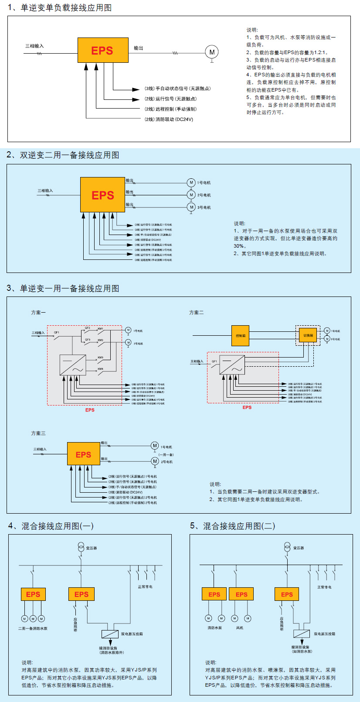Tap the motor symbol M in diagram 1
212,52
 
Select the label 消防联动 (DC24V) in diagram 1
169,119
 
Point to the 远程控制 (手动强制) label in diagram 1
171,109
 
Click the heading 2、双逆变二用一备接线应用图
63,155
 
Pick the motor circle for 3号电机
191,207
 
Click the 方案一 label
38,313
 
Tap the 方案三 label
38,433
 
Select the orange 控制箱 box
241,336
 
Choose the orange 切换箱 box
308,335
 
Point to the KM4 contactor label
101,369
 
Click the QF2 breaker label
88,328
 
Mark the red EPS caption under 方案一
90,410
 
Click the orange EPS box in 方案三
83,454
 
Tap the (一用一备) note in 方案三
166,455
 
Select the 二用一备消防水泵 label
33,629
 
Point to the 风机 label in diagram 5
240,628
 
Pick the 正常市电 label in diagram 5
324,587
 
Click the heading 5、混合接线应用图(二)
233,526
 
